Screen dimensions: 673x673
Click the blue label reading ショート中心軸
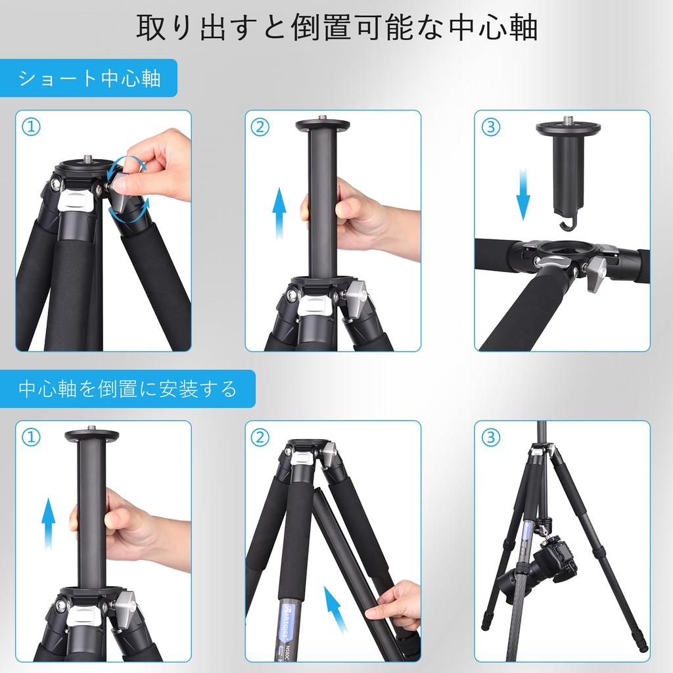[89, 78]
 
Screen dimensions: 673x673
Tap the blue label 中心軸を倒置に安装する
[128, 388]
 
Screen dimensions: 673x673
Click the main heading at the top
[337, 28]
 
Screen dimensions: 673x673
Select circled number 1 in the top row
[31, 127]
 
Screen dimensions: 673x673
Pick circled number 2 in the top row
[260, 127]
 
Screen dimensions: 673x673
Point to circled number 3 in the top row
[490, 127]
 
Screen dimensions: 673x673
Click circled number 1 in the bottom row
[31, 437]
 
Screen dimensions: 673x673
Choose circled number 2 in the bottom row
[260, 437]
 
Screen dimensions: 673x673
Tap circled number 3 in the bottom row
[490, 437]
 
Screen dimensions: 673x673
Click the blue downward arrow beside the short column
[522, 194]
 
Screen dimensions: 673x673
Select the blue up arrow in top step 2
[279, 213]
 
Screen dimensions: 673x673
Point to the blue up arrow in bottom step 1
[49, 524]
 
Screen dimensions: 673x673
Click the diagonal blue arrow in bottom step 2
[336, 609]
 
